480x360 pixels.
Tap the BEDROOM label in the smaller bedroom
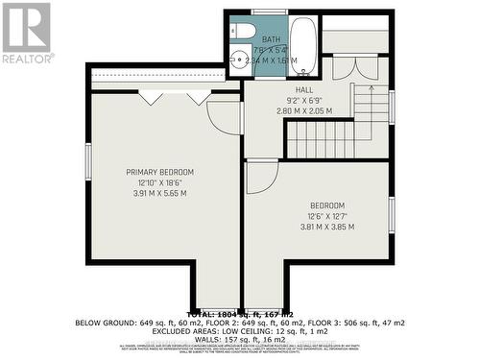pyautogui.click(x=328, y=205)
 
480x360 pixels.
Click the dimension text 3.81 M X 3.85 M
pyautogui.click(x=328, y=227)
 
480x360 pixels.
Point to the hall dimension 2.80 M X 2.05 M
pyautogui.click(x=304, y=110)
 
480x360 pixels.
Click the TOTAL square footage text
pyautogui.click(x=240, y=314)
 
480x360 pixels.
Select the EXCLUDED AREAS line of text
pyautogui.click(x=240, y=330)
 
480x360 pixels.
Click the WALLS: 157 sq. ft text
pyautogui.click(x=240, y=338)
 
